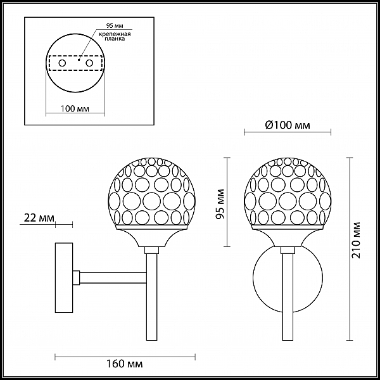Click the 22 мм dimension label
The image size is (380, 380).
point(39,218)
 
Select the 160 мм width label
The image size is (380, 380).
point(125,364)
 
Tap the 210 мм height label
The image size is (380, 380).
point(357,240)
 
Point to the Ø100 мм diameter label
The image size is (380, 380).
point(288,125)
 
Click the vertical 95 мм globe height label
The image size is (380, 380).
point(220,204)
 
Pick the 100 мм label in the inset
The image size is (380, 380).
point(75,108)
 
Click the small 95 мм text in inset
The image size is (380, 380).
point(115,26)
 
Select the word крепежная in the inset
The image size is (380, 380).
point(115,34)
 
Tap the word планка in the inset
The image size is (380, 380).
point(115,39)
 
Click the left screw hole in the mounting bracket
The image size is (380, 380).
point(62,63)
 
